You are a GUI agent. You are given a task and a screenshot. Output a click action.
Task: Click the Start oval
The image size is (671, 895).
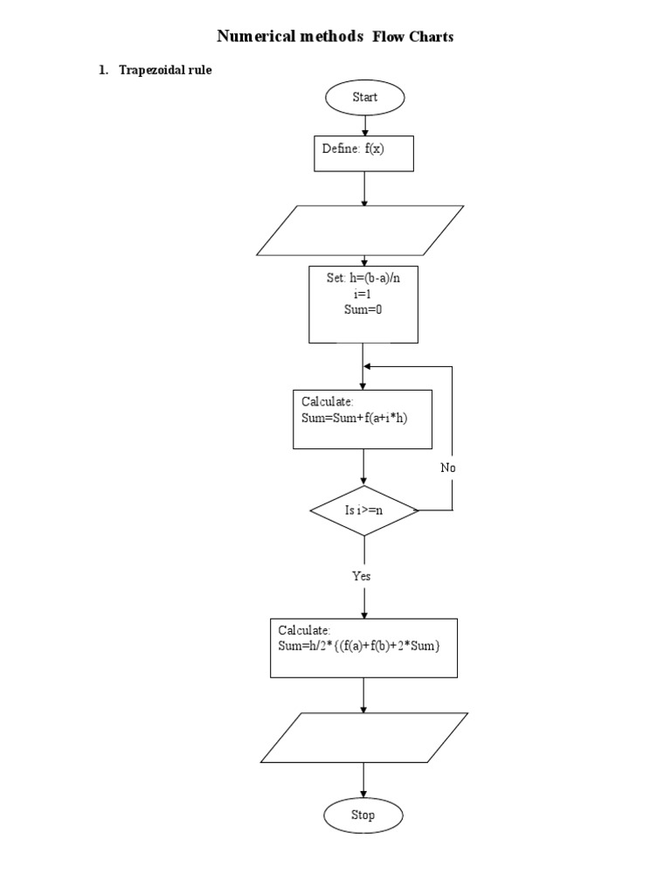364,97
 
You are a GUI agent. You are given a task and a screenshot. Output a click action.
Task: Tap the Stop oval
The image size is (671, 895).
363,815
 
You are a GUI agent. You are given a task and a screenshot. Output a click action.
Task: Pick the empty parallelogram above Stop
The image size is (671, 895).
363,737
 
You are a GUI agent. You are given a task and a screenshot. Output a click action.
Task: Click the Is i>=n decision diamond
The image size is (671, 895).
363,510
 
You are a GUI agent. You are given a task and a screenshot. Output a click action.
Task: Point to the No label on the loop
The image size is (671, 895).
448,468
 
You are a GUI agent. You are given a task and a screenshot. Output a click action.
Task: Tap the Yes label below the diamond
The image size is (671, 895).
362,576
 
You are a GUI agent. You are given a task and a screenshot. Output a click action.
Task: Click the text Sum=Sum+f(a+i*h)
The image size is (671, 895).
355,419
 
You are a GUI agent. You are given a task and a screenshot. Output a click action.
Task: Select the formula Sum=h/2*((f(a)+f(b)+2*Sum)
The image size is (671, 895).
359,646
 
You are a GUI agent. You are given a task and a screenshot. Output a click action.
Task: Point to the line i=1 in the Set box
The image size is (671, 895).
363,295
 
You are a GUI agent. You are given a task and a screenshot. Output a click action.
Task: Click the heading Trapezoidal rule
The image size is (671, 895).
166,71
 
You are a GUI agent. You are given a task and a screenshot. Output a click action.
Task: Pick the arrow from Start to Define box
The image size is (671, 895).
364,124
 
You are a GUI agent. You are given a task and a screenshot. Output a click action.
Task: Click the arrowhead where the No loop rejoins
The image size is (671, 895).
369,367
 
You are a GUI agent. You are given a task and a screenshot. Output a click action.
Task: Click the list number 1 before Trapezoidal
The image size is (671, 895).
101,71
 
